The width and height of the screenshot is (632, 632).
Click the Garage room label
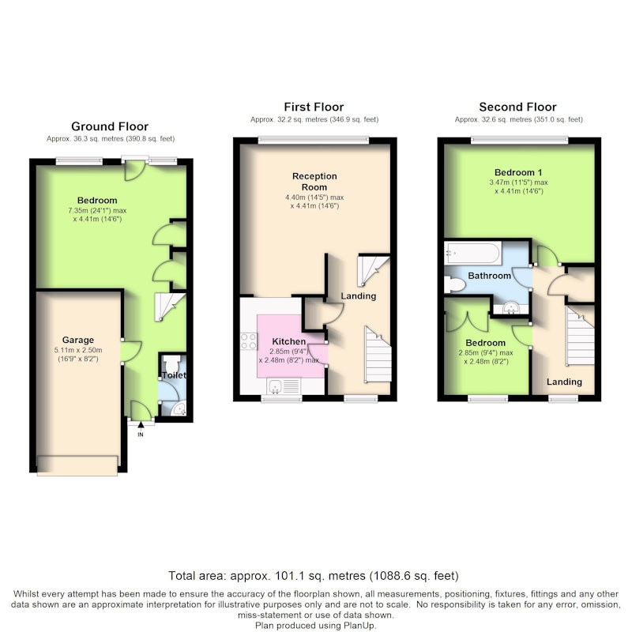[77, 340]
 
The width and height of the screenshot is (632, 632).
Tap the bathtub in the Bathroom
[472, 253]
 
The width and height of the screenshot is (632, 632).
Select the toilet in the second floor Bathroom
[454, 284]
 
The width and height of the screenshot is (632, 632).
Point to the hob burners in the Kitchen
[248, 341]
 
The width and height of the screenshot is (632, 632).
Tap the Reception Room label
[314, 182]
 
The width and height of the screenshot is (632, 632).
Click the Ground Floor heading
[110, 126]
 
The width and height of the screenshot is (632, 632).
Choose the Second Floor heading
[517, 107]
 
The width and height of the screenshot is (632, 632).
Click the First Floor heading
[314, 107]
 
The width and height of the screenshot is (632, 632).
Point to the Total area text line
[313, 576]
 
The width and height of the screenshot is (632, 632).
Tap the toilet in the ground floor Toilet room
[172, 362]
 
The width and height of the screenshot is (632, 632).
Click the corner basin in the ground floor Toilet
[179, 408]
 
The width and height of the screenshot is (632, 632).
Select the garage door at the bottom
[77, 465]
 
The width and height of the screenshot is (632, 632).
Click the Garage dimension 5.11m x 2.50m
[77, 350]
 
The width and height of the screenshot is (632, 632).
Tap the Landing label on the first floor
[359, 295]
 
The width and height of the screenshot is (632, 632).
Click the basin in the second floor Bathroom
[511, 308]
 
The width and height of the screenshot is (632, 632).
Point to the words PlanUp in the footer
[359, 626]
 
